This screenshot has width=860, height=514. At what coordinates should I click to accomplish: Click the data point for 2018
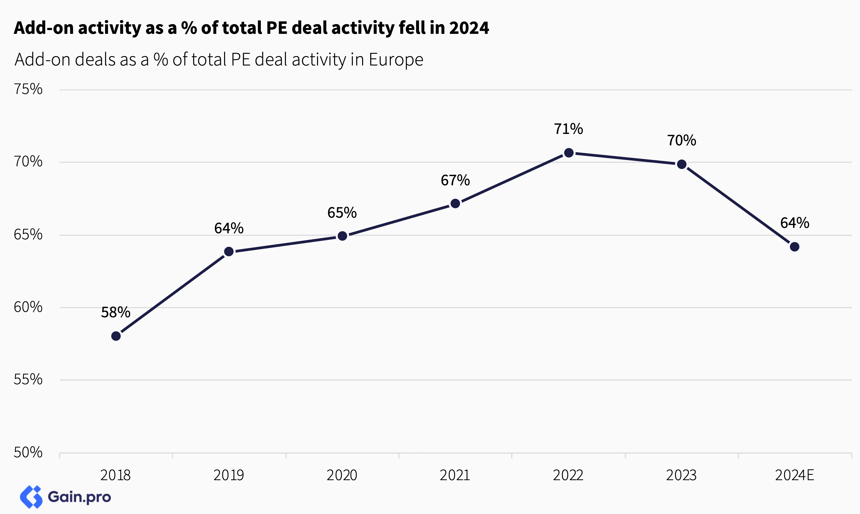[x=116, y=336]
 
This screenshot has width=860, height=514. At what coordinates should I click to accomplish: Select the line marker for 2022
[x=569, y=153]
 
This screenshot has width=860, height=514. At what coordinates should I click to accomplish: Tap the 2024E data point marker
[x=795, y=247]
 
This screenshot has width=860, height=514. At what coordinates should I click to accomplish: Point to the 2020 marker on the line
[x=342, y=236]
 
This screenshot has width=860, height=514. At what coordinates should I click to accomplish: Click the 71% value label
[x=569, y=129]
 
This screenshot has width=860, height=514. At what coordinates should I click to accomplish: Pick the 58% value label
[x=116, y=312]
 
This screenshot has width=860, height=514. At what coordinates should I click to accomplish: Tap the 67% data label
[x=455, y=180]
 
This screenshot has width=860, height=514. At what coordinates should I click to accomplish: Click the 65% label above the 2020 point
[x=342, y=213]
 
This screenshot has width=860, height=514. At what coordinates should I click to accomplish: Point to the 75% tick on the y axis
[x=28, y=89]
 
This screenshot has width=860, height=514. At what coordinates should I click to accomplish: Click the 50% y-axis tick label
[x=28, y=452]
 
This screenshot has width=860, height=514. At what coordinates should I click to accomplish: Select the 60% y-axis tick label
[x=28, y=307]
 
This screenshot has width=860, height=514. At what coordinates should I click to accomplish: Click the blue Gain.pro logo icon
[x=31, y=497]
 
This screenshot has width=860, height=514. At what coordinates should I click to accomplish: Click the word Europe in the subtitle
[x=396, y=60]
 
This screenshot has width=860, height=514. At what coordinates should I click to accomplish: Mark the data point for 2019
[x=229, y=252]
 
